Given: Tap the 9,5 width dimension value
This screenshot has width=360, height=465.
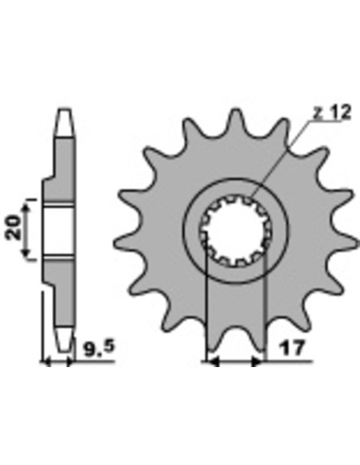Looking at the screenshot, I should (97, 348).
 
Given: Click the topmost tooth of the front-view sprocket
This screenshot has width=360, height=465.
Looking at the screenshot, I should (234, 123).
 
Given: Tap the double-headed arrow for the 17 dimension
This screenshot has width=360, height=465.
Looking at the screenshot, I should (234, 361).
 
